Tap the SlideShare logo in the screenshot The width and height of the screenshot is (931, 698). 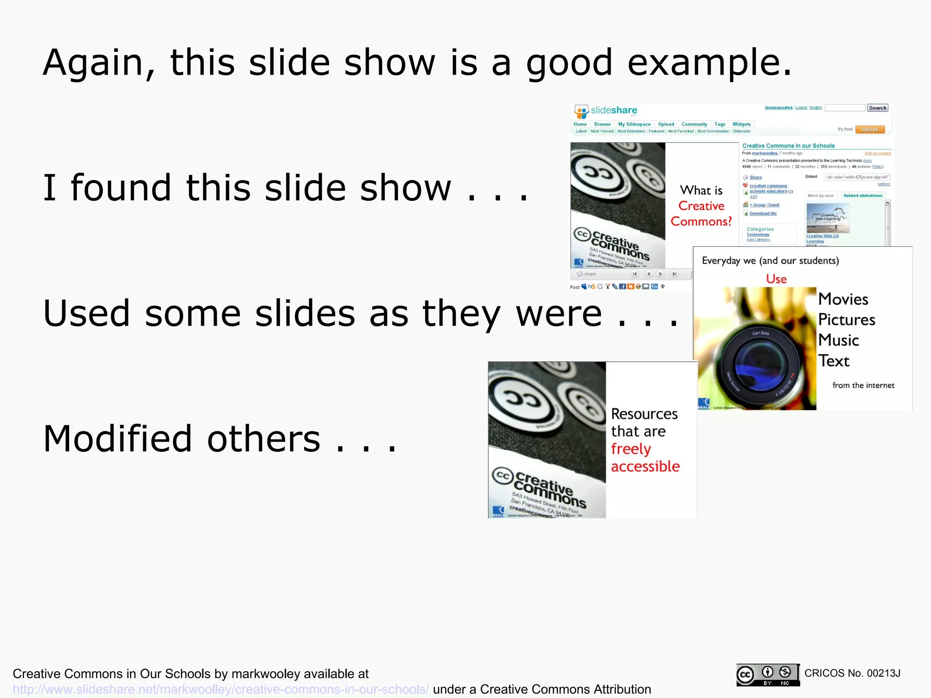(605, 111)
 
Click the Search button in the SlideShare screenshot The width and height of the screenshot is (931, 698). (877, 108)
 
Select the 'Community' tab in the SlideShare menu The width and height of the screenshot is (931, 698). (694, 125)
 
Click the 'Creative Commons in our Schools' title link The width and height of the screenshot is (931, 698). (788, 146)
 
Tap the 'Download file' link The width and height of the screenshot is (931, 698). (763, 214)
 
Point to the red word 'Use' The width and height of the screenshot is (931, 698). (776, 279)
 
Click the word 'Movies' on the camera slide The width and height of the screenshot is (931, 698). (843, 299)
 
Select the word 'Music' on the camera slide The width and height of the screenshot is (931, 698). (839, 340)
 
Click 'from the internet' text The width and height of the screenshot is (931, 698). (863, 385)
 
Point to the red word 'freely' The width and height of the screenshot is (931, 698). (631, 449)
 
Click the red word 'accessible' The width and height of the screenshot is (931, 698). (645, 467)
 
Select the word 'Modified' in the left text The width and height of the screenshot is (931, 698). (118, 439)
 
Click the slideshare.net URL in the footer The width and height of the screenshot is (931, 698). (220, 689)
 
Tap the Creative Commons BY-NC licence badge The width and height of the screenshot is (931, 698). (767, 675)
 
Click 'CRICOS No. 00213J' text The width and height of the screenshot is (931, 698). (852, 673)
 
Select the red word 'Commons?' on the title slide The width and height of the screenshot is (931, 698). (701, 222)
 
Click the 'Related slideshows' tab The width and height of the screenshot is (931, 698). (862, 196)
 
